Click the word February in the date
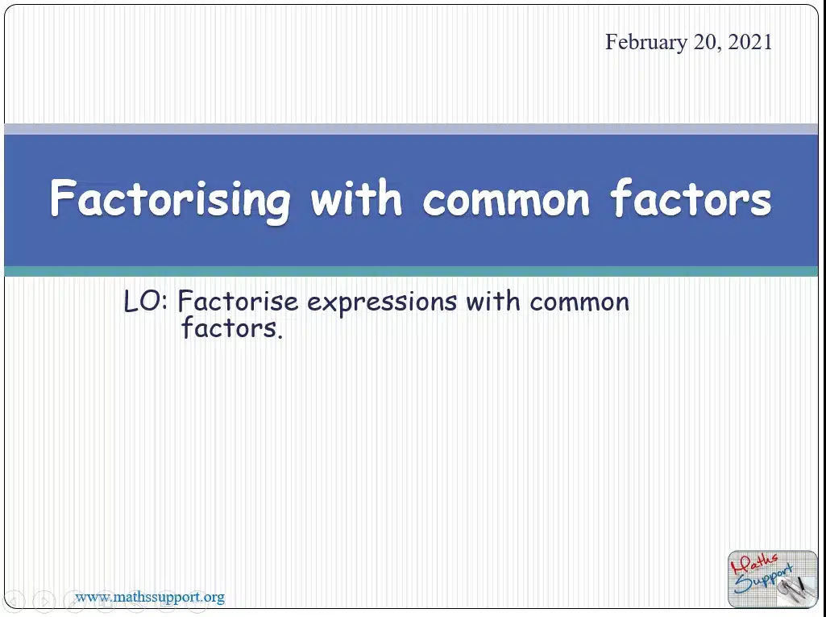click(645, 42)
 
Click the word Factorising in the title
click(169, 200)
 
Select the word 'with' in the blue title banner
click(356, 198)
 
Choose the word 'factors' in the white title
click(691, 198)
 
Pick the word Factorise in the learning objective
click(238, 302)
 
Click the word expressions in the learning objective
click(382, 302)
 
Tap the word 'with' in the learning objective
click(493, 301)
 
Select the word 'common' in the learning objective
click(579, 303)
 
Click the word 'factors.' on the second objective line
click(232, 327)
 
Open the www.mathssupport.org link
click(150, 598)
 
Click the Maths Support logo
click(772, 579)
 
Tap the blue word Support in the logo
click(763, 579)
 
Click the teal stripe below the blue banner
click(411, 271)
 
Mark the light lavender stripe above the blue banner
click(411, 129)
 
